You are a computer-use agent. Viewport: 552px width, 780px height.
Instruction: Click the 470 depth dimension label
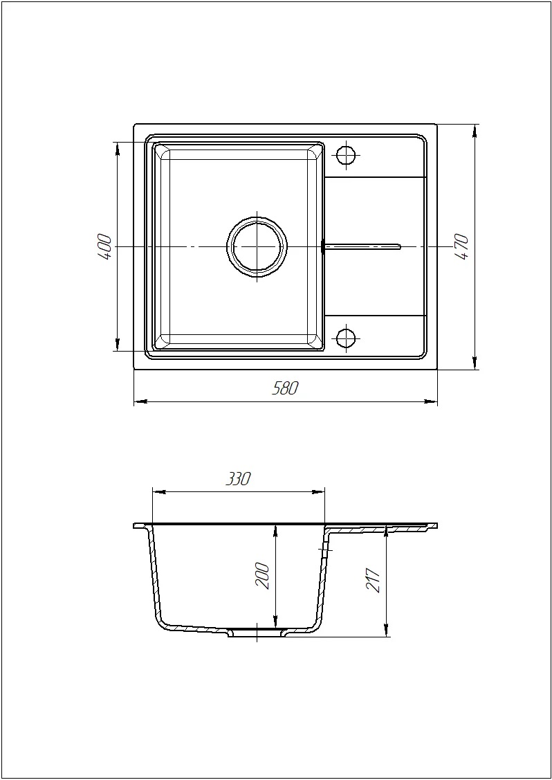pyautogui.click(x=461, y=247)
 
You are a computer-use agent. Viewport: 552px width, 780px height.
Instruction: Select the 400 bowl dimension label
pyautogui.click(x=105, y=246)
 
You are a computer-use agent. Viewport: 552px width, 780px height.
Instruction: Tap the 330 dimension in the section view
pyautogui.click(x=238, y=479)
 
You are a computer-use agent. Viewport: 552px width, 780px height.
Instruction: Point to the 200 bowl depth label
pyautogui.click(x=262, y=576)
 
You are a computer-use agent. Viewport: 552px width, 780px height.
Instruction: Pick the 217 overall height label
pyautogui.click(x=373, y=580)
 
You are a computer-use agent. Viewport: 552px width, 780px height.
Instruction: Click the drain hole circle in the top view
pyautogui.click(x=257, y=246)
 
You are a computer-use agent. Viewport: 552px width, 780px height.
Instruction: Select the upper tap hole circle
pyautogui.click(x=346, y=155)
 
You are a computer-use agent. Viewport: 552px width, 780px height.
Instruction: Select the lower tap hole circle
pyautogui.click(x=346, y=338)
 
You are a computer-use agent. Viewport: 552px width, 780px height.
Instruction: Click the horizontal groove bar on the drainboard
pyautogui.click(x=362, y=245)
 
